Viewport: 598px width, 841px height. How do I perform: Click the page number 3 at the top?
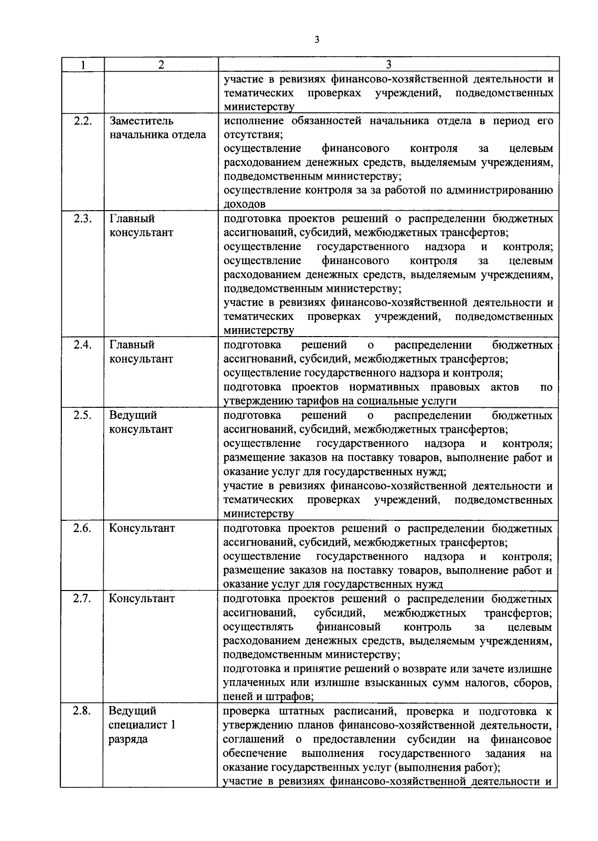(316, 40)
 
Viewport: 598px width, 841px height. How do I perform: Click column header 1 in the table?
(83, 65)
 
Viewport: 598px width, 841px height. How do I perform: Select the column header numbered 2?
(160, 65)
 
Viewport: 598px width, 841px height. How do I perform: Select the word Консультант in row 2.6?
(142, 528)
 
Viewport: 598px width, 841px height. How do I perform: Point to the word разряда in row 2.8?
(128, 739)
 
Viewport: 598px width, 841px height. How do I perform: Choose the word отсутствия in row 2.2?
(253, 135)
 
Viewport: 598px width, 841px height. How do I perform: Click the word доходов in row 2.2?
(244, 204)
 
